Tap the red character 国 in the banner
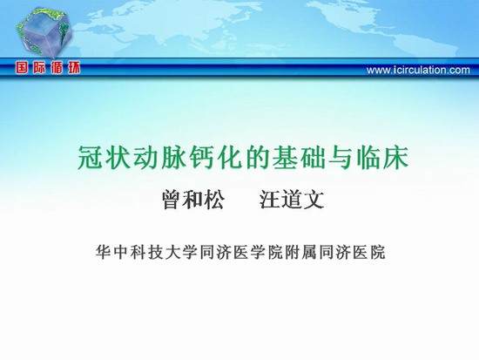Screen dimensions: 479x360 pyautogui.click(x=22, y=68)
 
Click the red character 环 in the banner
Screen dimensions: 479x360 pyautogui.click(x=74, y=68)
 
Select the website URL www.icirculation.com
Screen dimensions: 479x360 pyautogui.click(x=418, y=70)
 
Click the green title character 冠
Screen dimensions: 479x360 pyautogui.click(x=91, y=158)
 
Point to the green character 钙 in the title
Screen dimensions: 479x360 pyautogui.click(x=201, y=158)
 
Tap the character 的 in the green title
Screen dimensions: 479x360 pyautogui.click(x=257, y=158)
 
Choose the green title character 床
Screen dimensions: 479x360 pyautogui.click(x=396, y=158)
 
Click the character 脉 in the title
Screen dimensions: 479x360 pyautogui.click(x=173, y=158)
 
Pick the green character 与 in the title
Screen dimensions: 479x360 pyautogui.click(x=341, y=158)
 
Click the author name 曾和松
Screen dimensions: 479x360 pyautogui.click(x=193, y=200)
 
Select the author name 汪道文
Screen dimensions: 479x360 pyautogui.click(x=292, y=200)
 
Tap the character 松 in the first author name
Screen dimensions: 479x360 pyautogui.click(x=214, y=200)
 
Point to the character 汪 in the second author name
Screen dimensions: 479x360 pyautogui.click(x=270, y=200)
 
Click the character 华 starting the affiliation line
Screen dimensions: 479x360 pyautogui.click(x=103, y=252)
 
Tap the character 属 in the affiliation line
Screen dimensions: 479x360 pyautogui.click(x=309, y=252)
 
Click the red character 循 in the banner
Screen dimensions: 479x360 pyautogui.click(x=57, y=68)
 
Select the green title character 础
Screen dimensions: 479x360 pyautogui.click(x=313, y=158)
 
